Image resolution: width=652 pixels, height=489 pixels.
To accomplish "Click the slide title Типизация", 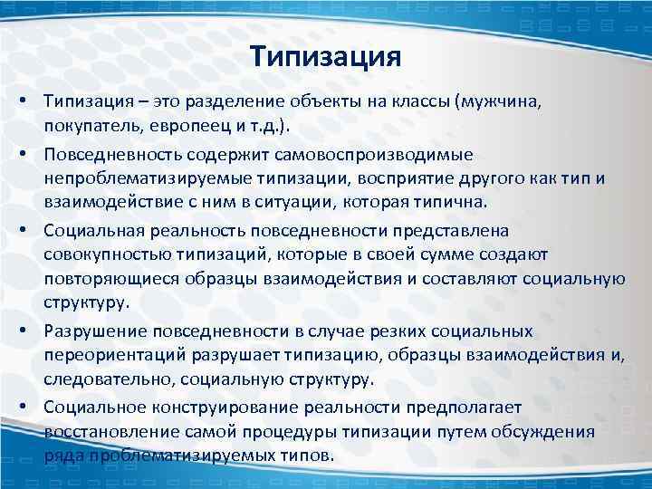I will coord(326,57).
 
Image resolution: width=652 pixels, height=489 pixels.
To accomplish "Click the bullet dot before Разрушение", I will coord(31,332).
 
